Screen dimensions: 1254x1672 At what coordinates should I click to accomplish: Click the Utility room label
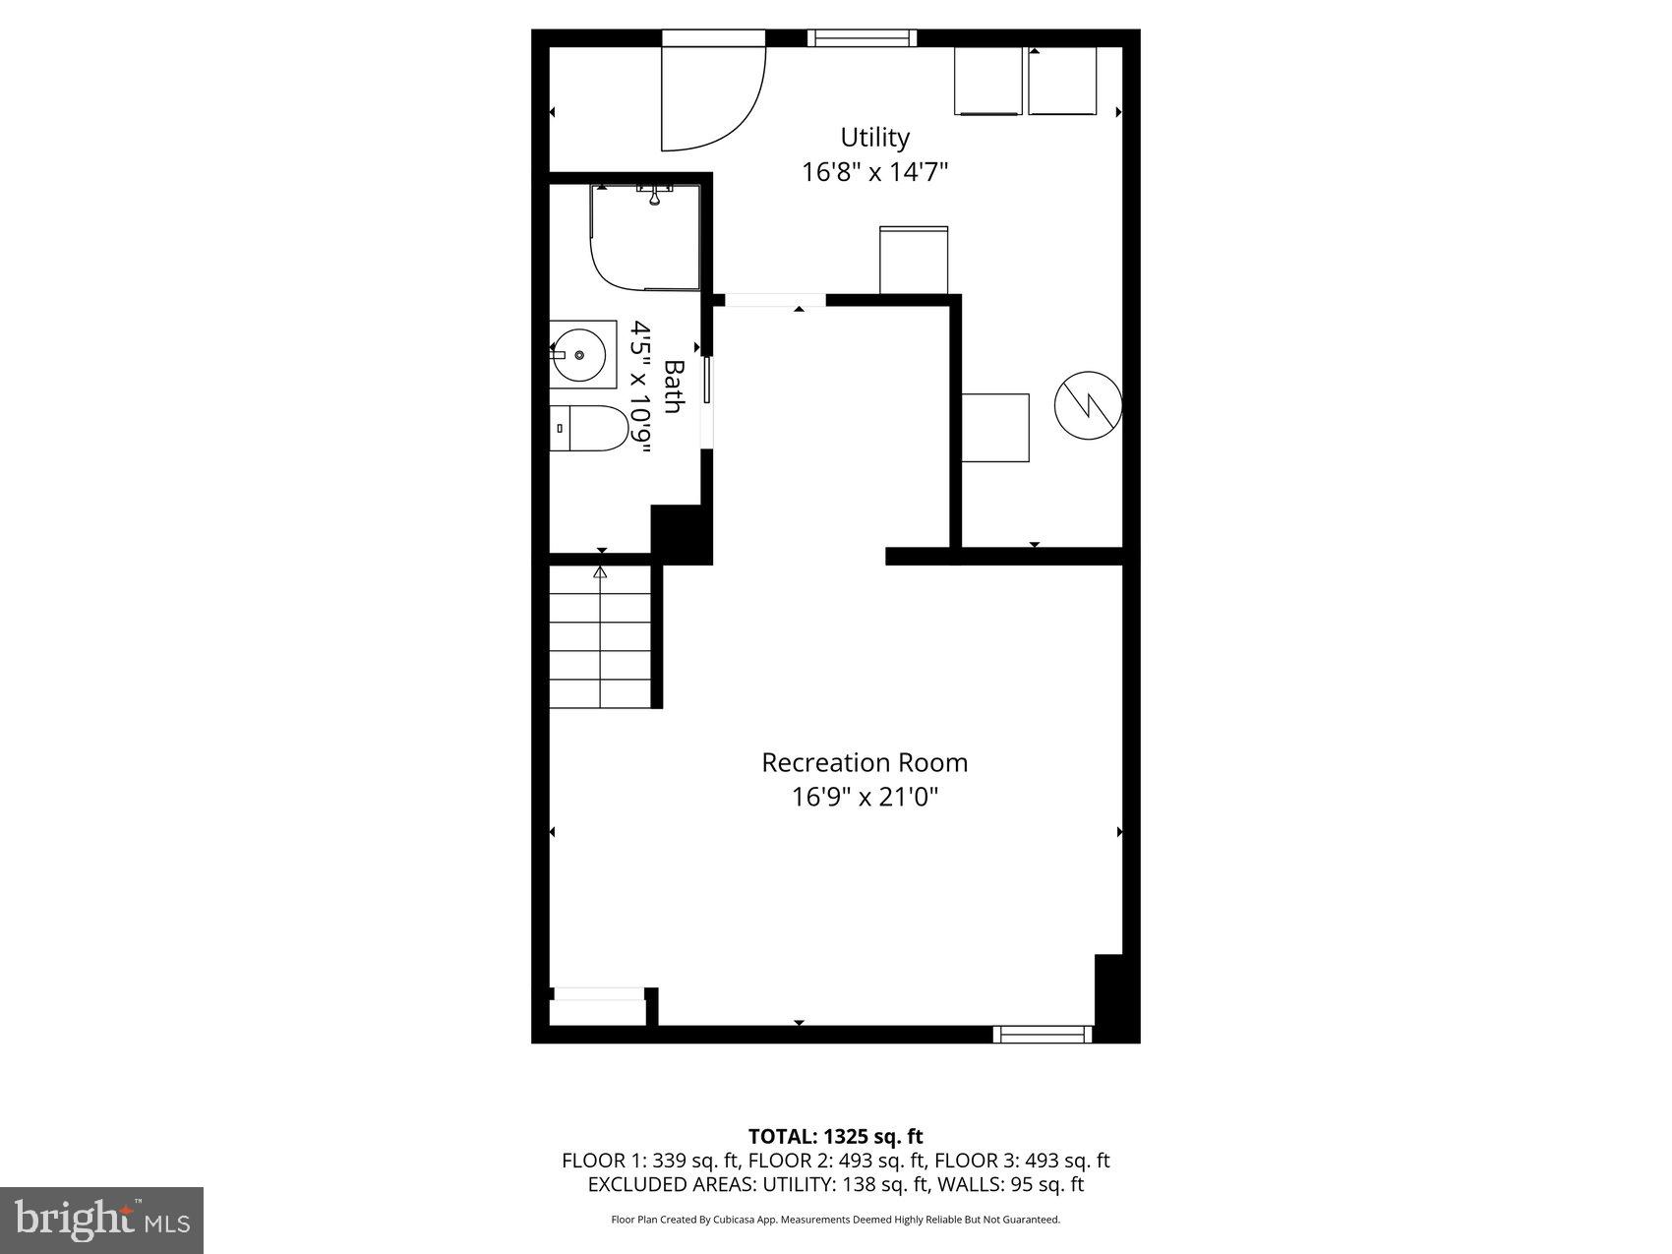click(874, 137)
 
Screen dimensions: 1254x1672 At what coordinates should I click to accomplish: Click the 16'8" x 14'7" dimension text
click(874, 172)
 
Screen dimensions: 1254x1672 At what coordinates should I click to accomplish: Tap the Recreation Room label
click(865, 762)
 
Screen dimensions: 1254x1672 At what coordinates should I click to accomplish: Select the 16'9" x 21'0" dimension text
click(865, 797)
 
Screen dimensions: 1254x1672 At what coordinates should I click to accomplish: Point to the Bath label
click(674, 387)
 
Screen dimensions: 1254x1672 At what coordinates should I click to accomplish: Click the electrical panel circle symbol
click(1088, 403)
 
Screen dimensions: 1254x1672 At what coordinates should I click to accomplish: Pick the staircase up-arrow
click(600, 572)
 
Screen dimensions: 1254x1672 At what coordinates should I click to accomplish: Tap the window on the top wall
click(861, 38)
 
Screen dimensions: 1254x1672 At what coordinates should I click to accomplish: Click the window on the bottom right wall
click(1042, 1034)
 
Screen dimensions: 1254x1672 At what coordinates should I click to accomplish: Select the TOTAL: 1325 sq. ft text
click(835, 1138)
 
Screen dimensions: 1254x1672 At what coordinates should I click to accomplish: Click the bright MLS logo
click(102, 1221)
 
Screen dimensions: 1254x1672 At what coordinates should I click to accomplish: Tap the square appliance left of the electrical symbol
click(995, 427)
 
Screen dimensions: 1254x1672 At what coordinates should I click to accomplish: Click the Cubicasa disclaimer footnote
click(835, 1220)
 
